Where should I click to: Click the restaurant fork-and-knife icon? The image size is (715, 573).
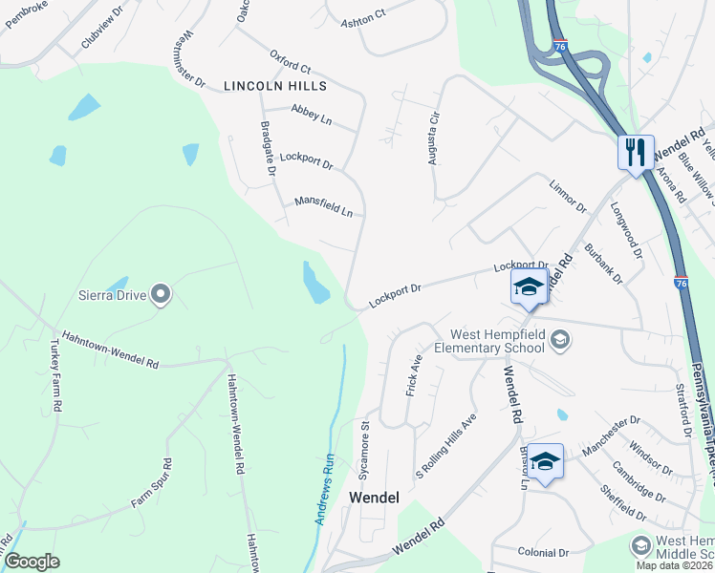(636, 151)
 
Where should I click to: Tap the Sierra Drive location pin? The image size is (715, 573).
(161, 294)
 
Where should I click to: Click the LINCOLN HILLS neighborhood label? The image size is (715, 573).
(275, 86)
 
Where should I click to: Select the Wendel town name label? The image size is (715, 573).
(374, 498)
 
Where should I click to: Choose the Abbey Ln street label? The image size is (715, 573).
(312, 117)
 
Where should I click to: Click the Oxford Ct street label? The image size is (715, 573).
(291, 62)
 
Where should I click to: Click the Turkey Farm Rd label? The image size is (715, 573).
(54, 378)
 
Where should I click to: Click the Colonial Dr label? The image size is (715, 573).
(543, 552)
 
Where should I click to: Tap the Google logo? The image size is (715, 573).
(32, 562)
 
